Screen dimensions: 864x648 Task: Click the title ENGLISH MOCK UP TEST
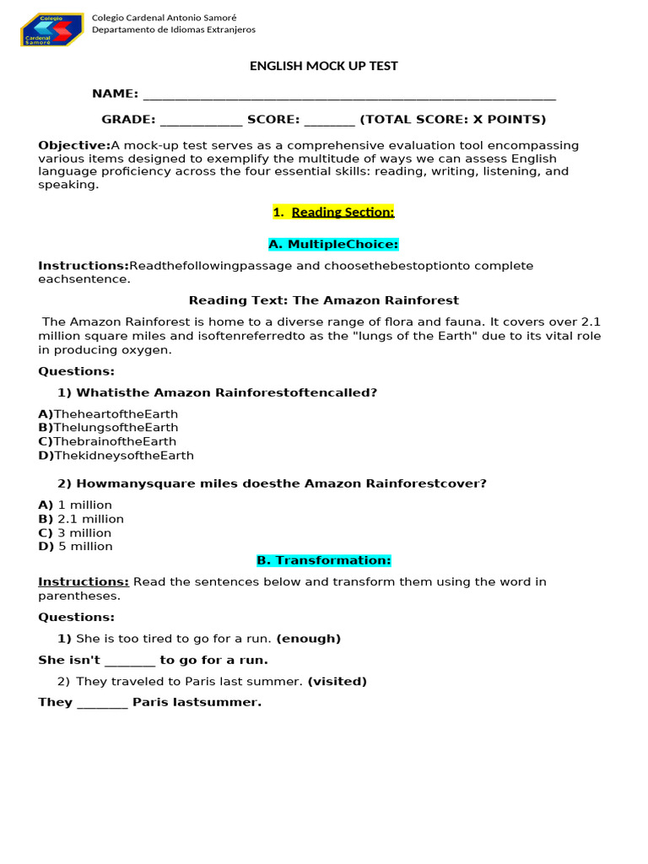(323, 66)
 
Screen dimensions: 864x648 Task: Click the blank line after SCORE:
(329, 120)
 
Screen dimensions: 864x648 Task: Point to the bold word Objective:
(74, 145)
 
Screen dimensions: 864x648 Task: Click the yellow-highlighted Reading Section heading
(333, 212)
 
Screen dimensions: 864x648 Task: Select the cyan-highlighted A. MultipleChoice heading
(332, 244)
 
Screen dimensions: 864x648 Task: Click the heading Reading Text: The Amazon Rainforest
(323, 300)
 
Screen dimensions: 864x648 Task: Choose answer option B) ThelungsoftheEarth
(108, 428)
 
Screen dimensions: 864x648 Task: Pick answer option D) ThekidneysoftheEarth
(116, 456)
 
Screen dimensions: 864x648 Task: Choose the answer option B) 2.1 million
(81, 519)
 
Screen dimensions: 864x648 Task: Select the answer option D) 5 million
(75, 546)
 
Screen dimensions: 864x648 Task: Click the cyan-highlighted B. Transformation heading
(323, 560)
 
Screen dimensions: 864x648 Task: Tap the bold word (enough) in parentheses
(309, 639)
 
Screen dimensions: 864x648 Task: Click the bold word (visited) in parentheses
(337, 681)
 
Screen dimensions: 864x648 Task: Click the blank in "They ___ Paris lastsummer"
(102, 703)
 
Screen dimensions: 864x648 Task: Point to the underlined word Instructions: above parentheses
(84, 581)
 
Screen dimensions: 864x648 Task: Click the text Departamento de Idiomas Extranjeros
(173, 30)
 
